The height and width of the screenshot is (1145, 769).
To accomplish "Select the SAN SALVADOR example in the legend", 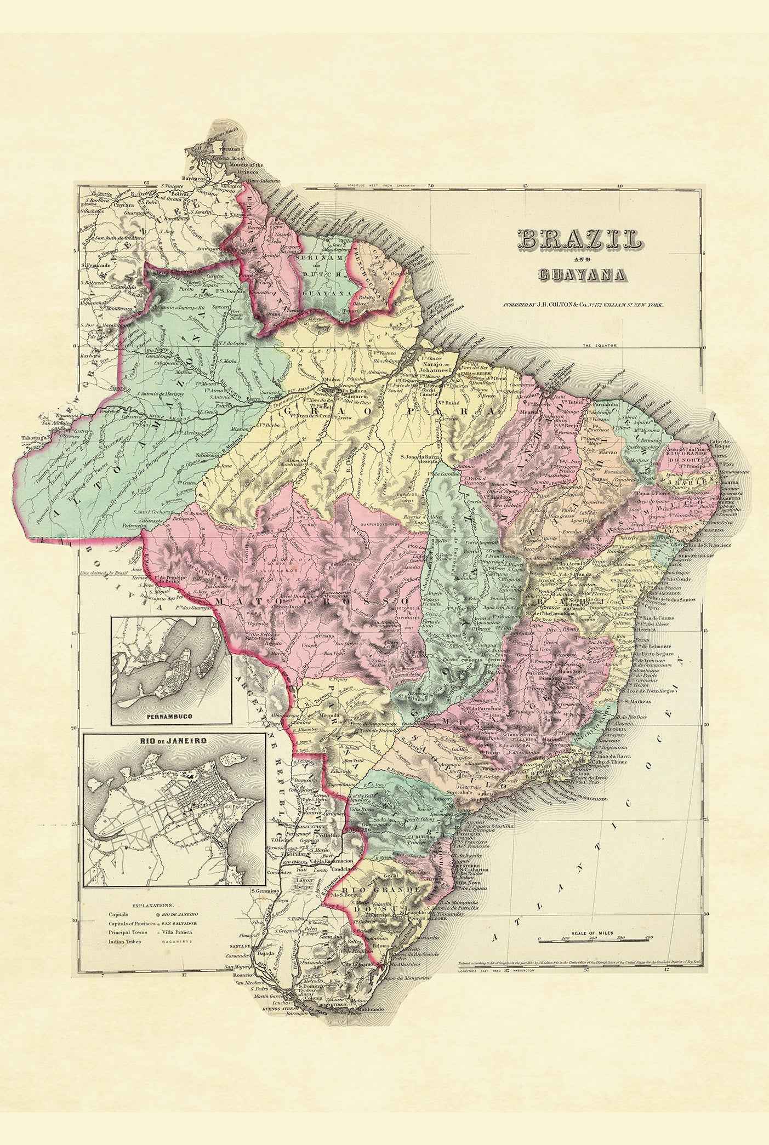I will [178, 923].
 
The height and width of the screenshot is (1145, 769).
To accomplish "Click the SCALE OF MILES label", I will [592, 933].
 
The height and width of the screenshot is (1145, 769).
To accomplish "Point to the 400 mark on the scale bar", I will [649, 938].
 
